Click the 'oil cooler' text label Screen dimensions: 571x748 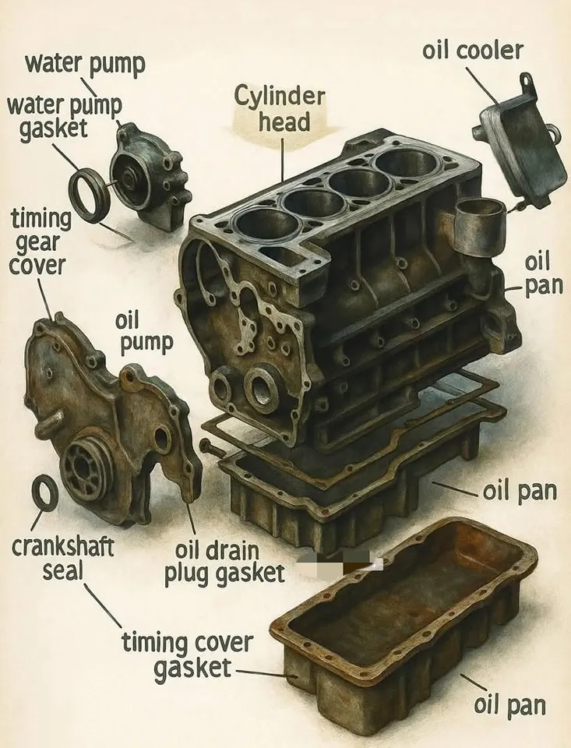pos(473,51)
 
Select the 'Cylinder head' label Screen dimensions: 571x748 pos(280,109)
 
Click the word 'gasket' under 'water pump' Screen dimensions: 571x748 pos(54,129)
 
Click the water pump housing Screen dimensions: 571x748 pos(150,177)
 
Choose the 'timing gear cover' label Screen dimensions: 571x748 pos(40,242)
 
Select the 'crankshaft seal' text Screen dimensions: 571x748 pos(62,558)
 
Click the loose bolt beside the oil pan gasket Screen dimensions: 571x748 pos(212,448)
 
